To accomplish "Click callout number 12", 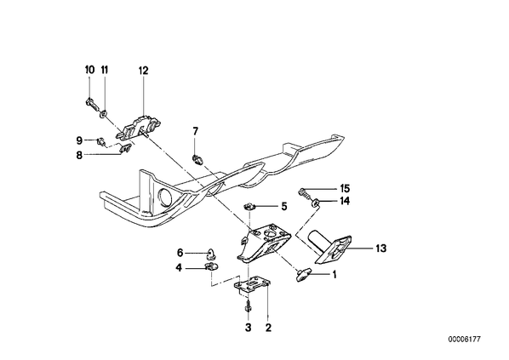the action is (143, 71).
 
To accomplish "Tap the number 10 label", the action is (90, 70).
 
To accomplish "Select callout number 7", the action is (195, 131).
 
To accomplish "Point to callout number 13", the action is (381, 249).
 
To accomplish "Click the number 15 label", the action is (345, 188).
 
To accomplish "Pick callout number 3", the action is (248, 328).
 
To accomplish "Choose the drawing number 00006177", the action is (464, 340).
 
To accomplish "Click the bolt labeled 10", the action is (92, 105).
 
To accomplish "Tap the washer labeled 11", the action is (104, 114).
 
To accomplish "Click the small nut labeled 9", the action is (101, 141).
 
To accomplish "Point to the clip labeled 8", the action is (126, 148).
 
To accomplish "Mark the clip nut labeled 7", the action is (197, 159).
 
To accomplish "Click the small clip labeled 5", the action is (249, 206).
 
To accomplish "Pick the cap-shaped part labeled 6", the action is (211, 253).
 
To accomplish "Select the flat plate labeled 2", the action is (252, 285).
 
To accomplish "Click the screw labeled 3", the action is (248, 306).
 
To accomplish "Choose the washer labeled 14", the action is (315, 203).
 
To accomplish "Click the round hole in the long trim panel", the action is (165, 197).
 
